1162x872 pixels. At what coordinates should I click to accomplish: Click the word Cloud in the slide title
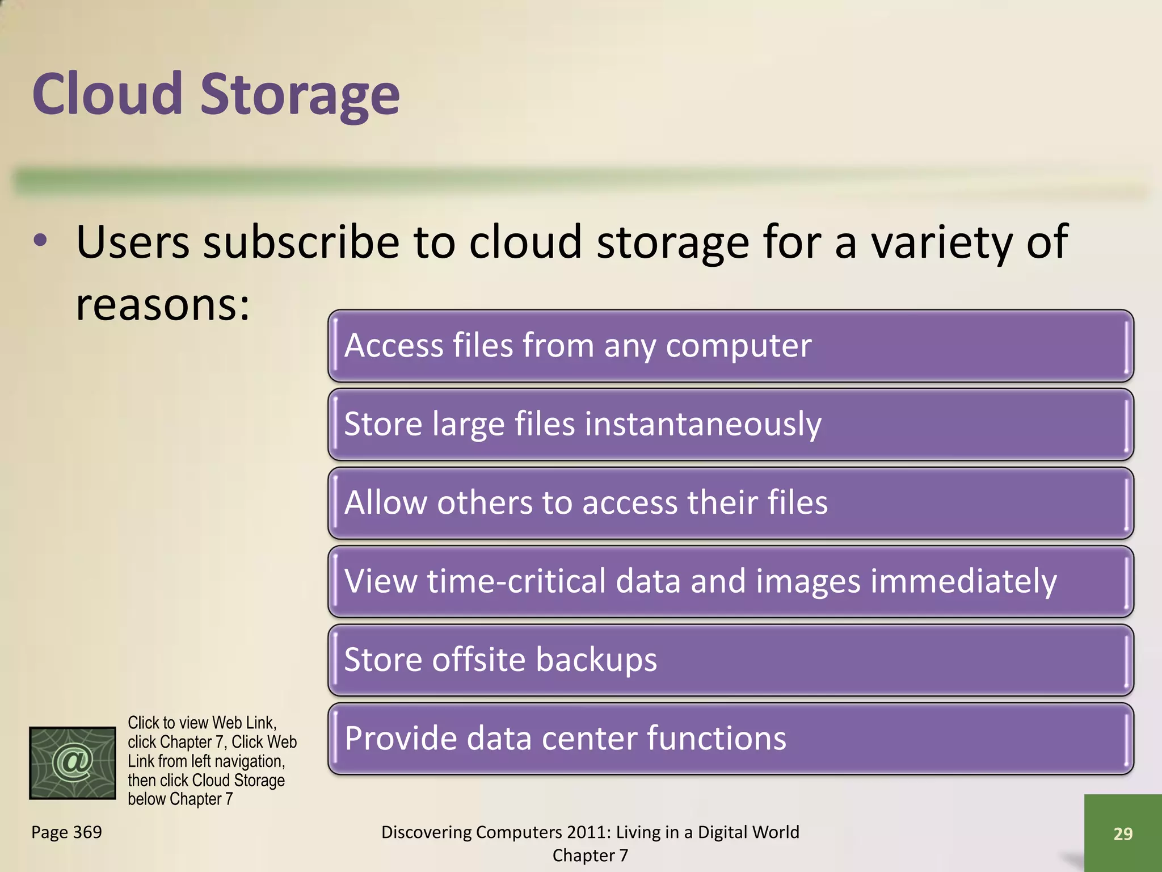pyautogui.click(x=107, y=94)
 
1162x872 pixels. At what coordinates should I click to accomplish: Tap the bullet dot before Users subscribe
pyautogui.click(x=40, y=241)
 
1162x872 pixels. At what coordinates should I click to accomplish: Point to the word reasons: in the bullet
pyautogui.click(x=163, y=305)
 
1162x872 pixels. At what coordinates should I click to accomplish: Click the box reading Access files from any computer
pyautogui.click(x=730, y=346)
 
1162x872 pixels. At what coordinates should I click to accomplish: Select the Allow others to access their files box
pyautogui.click(x=730, y=503)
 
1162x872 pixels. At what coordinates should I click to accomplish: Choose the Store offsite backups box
pyautogui.click(x=730, y=660)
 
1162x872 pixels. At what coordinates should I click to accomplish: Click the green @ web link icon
pyautogui.click(x=73, y=762)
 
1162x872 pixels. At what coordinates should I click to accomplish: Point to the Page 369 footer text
pyautogui.click(x=66, y=832)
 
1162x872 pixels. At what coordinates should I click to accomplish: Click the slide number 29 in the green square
pyautogui.click(x=1122, y=833)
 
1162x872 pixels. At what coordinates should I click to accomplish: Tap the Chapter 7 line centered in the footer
pyautogui.click(x=590, y=856)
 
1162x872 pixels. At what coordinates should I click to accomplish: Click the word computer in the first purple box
pyautogui.click(x=738, y=346)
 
